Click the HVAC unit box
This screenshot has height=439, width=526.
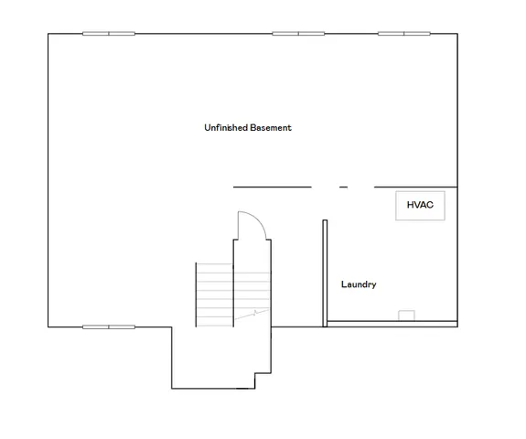(x=420, y=207)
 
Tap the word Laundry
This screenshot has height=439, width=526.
(x=359, y=284)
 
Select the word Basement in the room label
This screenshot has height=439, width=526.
(x=271, y=128)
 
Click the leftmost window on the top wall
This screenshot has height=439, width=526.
(x=109, y=34)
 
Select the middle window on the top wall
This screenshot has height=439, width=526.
(x=298, y=34)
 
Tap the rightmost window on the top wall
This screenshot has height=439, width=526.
(x=404, y=34)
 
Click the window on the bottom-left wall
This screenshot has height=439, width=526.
(x=109, y=327)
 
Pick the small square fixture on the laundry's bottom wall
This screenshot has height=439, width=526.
(x=406, y=316)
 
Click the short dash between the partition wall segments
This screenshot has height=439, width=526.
(x=343, y=187)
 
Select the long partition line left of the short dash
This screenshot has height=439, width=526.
(x=272, y=187)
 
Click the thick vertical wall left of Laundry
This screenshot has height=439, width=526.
(x=325, y=273)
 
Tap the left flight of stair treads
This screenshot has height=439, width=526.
(x=214, y=294)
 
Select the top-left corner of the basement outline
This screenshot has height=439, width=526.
(x=48, y=34)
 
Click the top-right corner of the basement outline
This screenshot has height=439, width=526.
(x=456, y=34)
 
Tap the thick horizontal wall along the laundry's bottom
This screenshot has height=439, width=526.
(x=392, y=323)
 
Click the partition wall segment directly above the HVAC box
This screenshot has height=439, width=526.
(x=415, y=187)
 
